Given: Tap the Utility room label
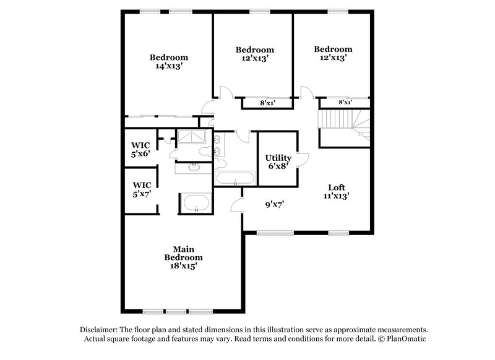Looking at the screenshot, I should pyautogui.click(x=278, y=162).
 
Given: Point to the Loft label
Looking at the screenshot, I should pyautogui.click(x=336, y=192).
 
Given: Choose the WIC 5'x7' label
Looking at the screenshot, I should pyautogui.click(x=141, y=189).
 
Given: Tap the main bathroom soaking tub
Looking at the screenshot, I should pyautogui.click(x=196, y=203).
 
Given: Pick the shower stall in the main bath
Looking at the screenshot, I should pyautogui.click(x=194, y=137).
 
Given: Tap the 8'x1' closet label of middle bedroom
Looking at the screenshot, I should pyautogui.click(x=267, y=103).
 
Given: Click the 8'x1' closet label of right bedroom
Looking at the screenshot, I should pyautogui.click(x=345, y=102).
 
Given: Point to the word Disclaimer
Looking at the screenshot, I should pyautogui.click(x=100, y=330).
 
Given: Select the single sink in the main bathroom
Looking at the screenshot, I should pyautogui.click(x=194, y=166).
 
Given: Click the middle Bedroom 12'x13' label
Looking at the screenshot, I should pyautogui.click(x=254, y=54).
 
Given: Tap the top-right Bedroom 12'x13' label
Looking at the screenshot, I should pyautogui.click(x=333, y=53).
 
